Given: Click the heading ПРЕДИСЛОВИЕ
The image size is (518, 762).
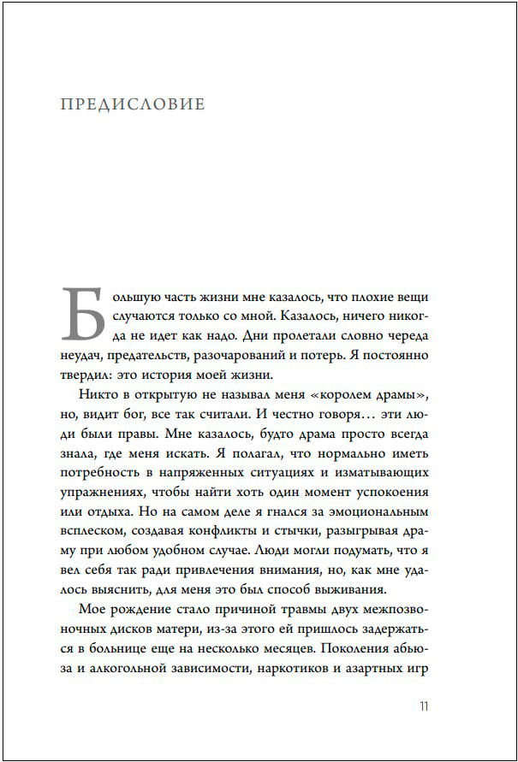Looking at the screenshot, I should [x=133, y=105].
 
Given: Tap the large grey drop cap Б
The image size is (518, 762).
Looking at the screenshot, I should [x=83, y=315].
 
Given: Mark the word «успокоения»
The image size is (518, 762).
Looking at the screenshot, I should [x=386, y=492].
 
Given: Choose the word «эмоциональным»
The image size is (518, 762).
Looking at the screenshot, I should [x=377, y=511].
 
